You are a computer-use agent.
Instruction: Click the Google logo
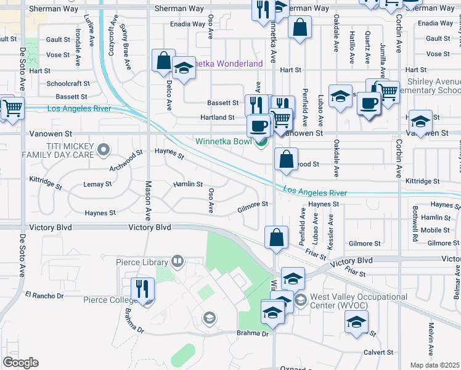point(20,363)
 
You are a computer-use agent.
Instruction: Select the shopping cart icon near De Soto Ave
point(12,108)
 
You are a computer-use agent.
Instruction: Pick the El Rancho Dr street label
point(44,296)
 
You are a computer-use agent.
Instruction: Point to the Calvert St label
point(378,353)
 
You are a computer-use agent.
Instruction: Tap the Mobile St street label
point(436,230)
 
